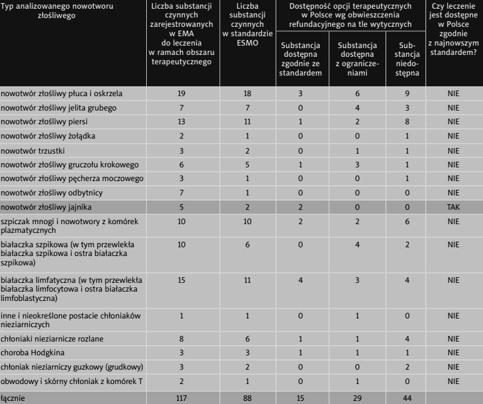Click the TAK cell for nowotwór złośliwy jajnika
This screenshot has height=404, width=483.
453,207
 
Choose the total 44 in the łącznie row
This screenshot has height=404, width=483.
403,398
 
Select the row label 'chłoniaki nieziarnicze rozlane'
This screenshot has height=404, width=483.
52,338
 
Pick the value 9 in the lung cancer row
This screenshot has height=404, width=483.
403,94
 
